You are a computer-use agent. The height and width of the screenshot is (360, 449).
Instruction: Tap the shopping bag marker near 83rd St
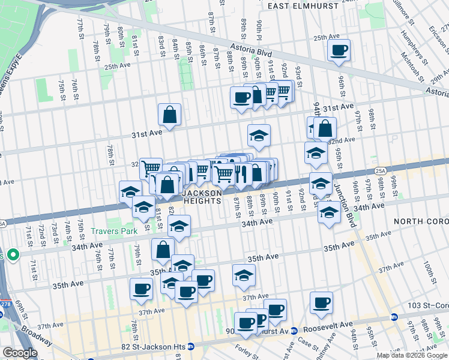[x=170, y=115]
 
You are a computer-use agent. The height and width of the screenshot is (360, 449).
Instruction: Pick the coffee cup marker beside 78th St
[x=142, y=289]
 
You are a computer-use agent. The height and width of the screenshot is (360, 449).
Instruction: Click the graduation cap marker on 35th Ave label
[x=244, y=275]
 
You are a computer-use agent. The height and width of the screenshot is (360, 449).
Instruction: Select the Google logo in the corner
[x=20, y=353]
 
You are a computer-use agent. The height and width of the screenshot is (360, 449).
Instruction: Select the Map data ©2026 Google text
[x=411, y=355]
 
